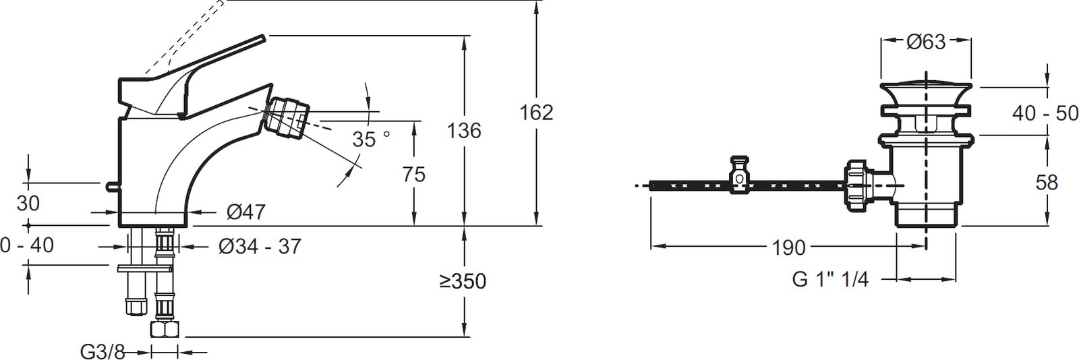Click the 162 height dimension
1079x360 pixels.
(x=536, y=113)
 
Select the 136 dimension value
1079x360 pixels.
(x=464, y=131)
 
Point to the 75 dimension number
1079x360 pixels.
(x=414, y=174)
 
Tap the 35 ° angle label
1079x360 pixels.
(x=370, y=140)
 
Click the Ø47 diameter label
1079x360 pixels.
(x=245, y=212)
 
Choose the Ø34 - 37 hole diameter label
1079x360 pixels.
(x=260, y=247)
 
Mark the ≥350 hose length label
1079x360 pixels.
(x=463, y=282)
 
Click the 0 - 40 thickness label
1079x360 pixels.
(x=27, y=245)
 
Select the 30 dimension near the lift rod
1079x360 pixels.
(x=28, y=204)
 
